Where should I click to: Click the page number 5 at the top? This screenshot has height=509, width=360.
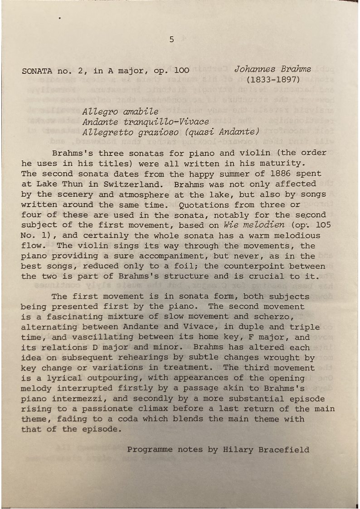pyautogui.click(x=171, y=39)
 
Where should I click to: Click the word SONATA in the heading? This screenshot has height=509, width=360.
pyautogui.click(x=37, y=71)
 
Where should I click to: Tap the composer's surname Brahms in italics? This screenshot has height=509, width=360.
pyautogui.click(x=296, y=69)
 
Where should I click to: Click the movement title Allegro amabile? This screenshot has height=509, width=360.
pyautogui.click(x=121, y=111)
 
